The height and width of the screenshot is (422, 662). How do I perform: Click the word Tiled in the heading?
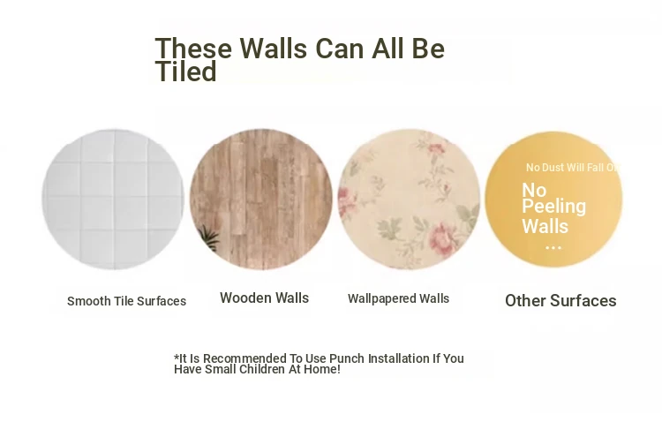click(x=185, y=71)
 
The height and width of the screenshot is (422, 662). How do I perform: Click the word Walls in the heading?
click(x=274, y=49)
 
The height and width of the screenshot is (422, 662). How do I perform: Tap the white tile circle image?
click(x=113, y=200)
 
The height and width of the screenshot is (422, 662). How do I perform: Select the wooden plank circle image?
click(x=261, y=200)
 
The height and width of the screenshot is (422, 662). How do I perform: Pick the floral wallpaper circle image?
click(x=409, y=200)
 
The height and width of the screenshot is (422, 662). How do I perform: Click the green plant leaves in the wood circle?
click(x=209, y=238)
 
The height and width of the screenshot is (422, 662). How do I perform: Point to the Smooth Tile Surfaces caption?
click(x=126, y=301)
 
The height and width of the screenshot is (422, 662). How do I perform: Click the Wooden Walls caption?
click(x=264, y=298)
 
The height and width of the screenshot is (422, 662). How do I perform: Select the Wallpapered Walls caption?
click(x=399, y=298)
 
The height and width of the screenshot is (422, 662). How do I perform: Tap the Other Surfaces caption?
click(x=560, y=301)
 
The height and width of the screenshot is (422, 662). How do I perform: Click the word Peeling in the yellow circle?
click(x=554, y=207)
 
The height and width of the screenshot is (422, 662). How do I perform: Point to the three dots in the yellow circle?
click(x=553, y=247)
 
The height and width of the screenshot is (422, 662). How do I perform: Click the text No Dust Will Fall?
click(x=565, y=168)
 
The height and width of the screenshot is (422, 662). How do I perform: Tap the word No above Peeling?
click(x=534, y=190)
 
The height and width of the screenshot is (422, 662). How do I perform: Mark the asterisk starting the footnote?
click(x=177, y=357)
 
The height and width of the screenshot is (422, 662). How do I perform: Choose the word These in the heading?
click(x=193, y=49)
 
